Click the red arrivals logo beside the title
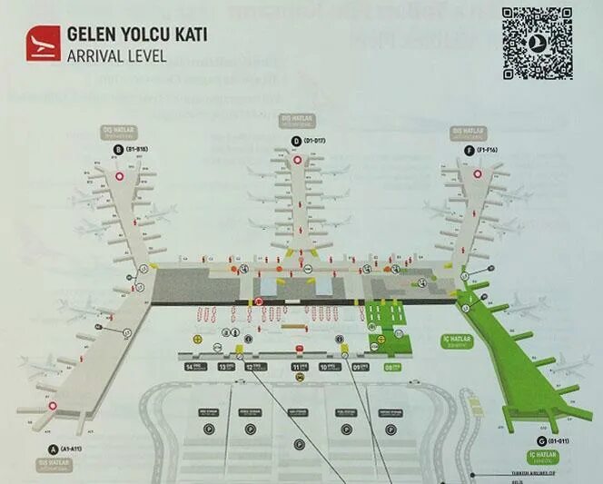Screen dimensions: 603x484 coord(43,43)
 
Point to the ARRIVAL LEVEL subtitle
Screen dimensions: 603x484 coord(116,54)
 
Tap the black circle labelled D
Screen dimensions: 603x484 coord(297,141)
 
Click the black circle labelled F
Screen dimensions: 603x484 coord(468,149)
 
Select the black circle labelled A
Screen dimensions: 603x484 coord(54,449)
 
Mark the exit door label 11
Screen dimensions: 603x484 coord(298,367)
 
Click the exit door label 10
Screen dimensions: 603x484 coord(328,367)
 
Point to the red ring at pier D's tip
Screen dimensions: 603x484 coord(297,161)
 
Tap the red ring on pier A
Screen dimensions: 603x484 coord(54,406)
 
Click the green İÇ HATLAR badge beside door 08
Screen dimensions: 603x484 coord(451,341)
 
